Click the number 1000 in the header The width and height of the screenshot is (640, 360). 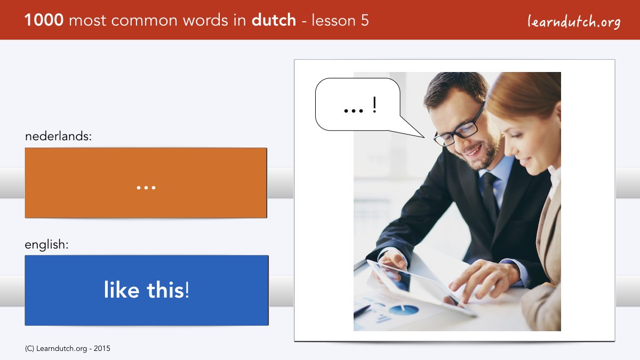point(44,20)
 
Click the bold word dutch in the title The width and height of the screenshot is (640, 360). point(274,20)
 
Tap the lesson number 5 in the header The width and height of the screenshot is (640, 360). point(365,20)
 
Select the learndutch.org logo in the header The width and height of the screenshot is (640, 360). point(574,22)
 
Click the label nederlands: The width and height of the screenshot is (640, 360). point(59,137)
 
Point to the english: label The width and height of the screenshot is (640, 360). point(46,245)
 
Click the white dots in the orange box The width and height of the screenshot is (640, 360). point(146,188)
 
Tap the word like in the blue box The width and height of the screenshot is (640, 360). point(122,290)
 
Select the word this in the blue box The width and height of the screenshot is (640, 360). point(165,290)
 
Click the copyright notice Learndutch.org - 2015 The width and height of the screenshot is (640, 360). point(68,349)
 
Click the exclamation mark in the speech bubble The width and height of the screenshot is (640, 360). point(374,105)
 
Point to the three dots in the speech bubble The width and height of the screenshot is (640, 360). point(354,110)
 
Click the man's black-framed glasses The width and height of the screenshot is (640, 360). point(459,129)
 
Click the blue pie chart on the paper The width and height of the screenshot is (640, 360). point(403,310)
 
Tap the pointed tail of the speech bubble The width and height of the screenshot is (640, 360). point(425,138)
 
